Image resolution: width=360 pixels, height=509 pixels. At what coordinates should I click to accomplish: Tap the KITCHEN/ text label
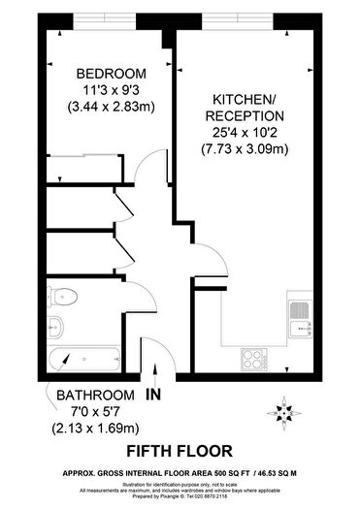click(245, 99)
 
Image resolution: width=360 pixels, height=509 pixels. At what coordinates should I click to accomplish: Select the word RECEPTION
click(245, 116)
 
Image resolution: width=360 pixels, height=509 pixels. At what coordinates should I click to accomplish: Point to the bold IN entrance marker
click(152, 396)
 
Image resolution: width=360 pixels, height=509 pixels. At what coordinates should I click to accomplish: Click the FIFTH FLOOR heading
click(180, 450)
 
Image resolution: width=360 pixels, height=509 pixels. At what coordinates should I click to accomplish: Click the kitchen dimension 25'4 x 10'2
click(245, 133)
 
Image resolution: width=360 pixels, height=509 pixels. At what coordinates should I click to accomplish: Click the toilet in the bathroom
click(66, 296)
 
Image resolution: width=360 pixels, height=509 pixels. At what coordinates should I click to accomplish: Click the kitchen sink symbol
click(297, 315)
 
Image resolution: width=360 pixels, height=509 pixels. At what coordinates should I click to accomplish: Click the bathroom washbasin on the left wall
click(54, 326)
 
